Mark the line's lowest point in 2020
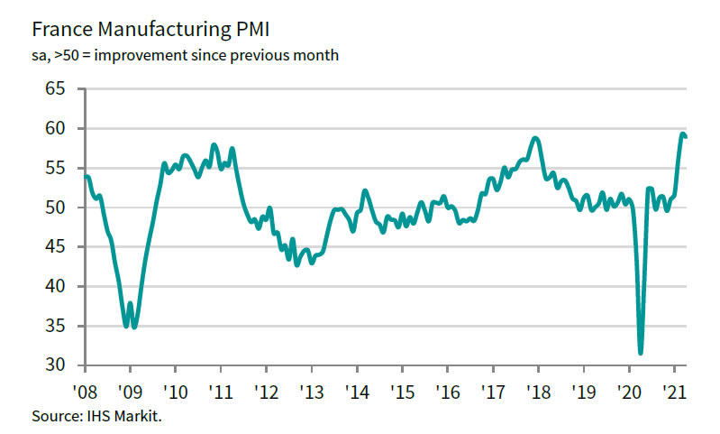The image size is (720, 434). pos(641,353)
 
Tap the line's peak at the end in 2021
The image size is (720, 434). pos(682,134)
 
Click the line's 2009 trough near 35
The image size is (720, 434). pos(126,326)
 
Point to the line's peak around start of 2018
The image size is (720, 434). pos(536,138)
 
